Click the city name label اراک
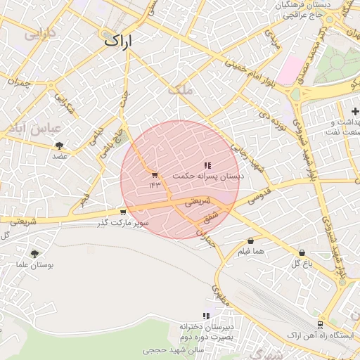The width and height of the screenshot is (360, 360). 117,41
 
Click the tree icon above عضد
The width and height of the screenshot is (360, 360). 59,146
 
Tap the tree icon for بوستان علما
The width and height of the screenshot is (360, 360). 34,254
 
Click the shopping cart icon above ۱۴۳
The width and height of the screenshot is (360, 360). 155,175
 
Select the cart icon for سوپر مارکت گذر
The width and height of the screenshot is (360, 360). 123,212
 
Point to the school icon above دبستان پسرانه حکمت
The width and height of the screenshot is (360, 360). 207,165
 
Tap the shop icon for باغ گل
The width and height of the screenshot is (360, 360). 302,252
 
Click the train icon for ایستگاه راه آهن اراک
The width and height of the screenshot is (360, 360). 321,325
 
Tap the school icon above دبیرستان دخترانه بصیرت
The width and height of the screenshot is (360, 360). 206,316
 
